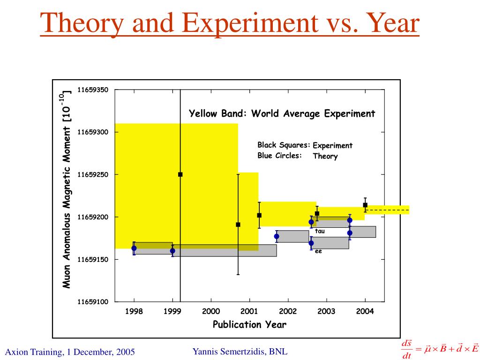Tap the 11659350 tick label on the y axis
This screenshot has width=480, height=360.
[93, 90]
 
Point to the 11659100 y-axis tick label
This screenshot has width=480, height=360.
[93, 302]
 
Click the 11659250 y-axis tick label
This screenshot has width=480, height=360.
[93, 174]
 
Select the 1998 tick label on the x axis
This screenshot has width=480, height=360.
[134, 312]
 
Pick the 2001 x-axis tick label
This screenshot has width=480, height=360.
[249, 312]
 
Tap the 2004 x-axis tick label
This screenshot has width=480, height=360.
[365, 312]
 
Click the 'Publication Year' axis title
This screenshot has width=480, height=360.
[249, 324]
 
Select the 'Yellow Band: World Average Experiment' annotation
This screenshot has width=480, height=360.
[282, 113]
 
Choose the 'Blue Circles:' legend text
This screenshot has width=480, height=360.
[279, 156]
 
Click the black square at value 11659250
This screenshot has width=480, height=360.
[180, 174]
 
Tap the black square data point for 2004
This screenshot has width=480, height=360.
[365, 205]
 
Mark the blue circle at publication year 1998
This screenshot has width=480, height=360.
[134, 248]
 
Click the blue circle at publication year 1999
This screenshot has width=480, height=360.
[172, 251]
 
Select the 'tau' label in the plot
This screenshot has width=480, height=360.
[320, 231]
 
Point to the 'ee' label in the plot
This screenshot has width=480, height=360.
[318, 252]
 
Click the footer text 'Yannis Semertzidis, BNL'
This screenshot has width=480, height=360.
[240, 351]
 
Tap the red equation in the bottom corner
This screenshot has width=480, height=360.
[440, 350]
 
